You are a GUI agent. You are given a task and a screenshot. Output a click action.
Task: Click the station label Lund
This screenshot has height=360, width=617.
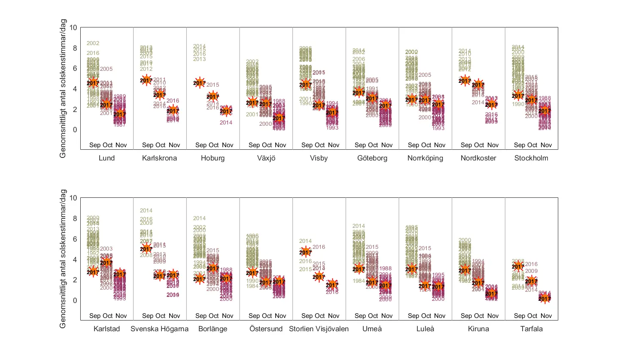(107, 158)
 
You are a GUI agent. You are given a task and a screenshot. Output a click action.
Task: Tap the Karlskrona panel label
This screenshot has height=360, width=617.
(160, 158)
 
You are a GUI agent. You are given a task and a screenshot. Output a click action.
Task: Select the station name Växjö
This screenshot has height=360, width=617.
(266, 158)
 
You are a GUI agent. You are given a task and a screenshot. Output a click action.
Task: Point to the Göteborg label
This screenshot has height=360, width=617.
(372, 158)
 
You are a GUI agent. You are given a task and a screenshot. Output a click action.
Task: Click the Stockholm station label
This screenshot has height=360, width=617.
(531, 158)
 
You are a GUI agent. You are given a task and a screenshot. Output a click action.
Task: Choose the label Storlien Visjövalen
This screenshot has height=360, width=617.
(319, 329)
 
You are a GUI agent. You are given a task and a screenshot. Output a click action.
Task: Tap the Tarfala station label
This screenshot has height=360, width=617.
(531, 329)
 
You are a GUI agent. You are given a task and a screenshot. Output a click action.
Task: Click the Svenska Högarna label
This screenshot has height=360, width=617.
(160, 329)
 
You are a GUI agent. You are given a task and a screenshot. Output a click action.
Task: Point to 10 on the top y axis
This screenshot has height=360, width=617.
(73, 27)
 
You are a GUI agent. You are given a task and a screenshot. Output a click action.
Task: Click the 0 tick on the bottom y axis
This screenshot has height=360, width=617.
(75, 300)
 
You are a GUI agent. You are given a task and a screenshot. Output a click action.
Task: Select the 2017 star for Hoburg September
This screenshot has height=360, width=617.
(200, 83)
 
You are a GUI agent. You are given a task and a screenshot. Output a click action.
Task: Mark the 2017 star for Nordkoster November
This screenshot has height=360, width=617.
(491, 104)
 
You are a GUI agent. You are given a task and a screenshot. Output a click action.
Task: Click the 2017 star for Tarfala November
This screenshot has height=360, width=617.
(544, 298)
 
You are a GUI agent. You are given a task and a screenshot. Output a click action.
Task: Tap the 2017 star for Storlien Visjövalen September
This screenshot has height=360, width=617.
(305, 252)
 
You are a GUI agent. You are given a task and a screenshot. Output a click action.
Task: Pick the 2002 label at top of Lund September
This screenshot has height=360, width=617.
(93, 43)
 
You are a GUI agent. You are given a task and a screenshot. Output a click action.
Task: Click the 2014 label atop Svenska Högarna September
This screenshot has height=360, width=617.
(146, 211)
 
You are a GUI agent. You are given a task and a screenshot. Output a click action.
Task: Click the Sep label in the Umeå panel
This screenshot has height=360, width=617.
(361, 316)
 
